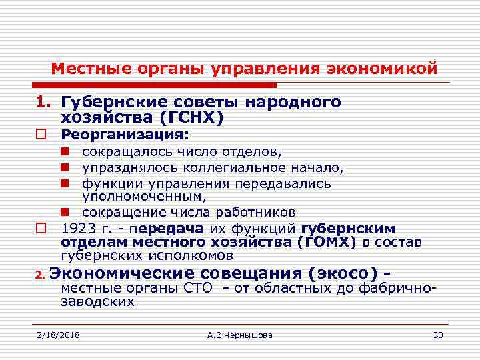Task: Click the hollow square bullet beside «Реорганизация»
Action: tap(41, 135)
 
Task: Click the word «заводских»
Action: tap(97, 301)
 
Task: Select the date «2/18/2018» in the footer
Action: tap(58, 334)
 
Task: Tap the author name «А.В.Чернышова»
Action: tap(240, 334)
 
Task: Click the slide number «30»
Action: tap(438, 334)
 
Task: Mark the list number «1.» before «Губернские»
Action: tap(44, 103)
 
